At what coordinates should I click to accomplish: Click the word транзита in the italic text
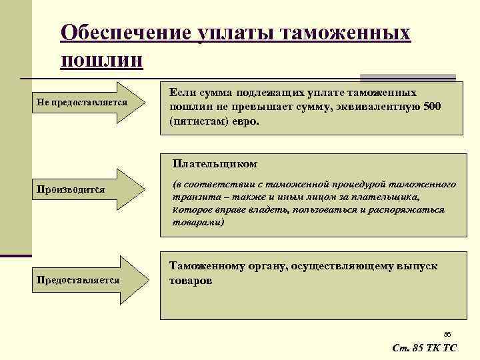pos(193,197)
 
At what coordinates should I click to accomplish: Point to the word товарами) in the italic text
pos(198,221)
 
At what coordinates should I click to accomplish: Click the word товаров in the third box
pos(191,281)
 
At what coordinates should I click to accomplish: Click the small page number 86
pos(447,333)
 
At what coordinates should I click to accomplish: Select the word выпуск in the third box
pos(417,265)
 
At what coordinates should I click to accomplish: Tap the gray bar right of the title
pos(407,77)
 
